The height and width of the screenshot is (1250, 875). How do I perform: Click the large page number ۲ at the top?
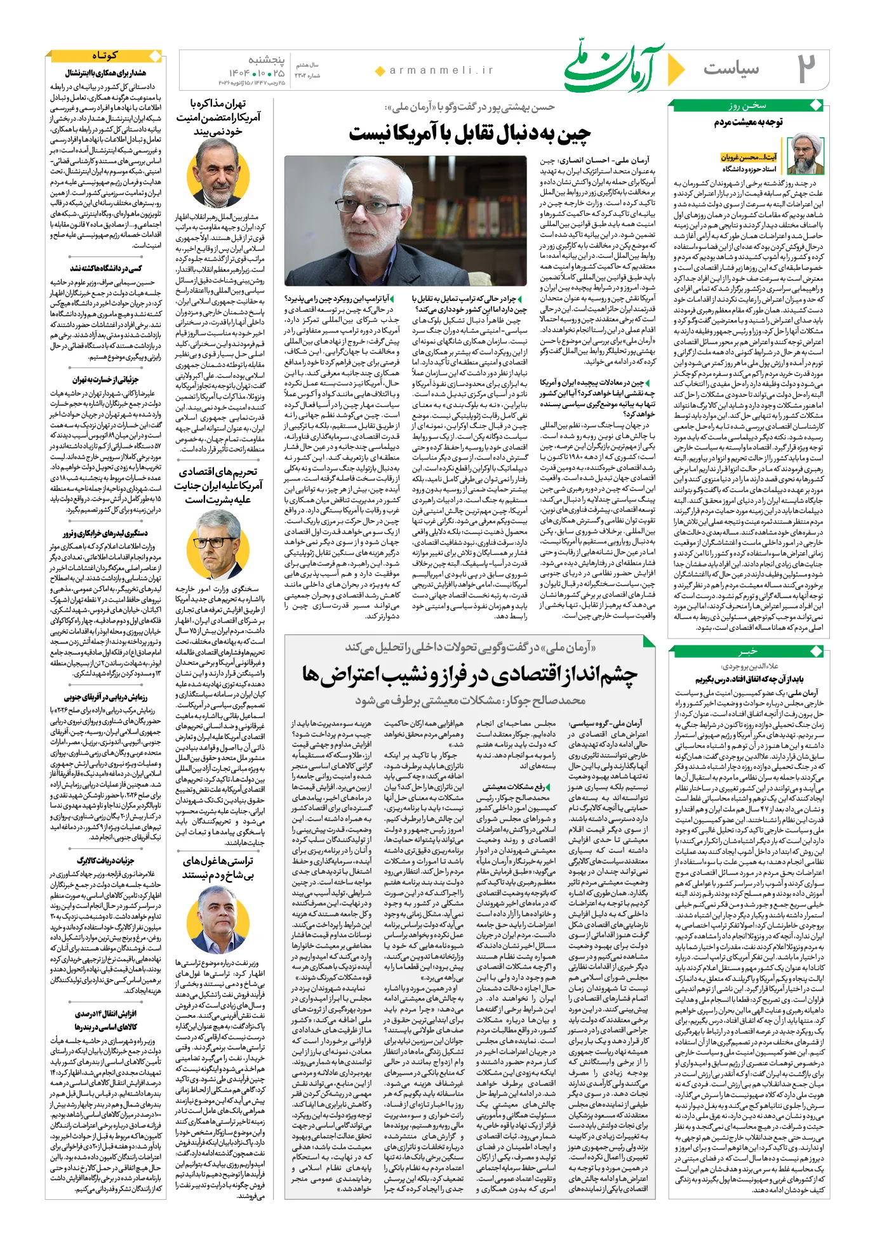[806, 69]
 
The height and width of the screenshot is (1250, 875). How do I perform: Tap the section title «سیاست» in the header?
[731, 69]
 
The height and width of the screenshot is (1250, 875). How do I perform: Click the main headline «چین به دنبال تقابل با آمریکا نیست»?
[469, 133]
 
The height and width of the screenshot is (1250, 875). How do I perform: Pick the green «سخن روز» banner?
[747, 105]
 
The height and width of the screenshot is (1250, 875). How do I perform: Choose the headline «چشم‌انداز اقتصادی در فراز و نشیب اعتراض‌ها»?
[469, 674]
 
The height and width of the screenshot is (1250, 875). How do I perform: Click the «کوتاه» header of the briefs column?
[105, 56]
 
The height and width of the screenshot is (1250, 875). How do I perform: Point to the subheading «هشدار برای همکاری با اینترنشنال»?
[105, 74]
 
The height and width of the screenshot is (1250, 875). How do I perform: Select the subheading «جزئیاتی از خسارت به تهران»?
[105, 380]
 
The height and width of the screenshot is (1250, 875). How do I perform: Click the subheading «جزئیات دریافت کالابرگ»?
[105, 861]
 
